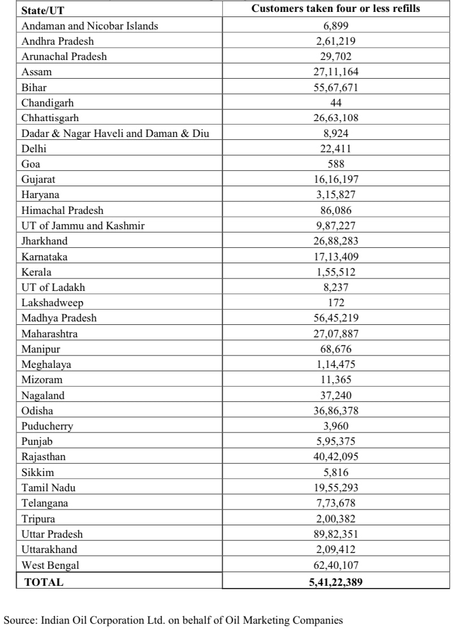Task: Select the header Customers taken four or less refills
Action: (x=336, y=9)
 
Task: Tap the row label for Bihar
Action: (x=34, y=87)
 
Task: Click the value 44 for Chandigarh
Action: (x=336, y=102)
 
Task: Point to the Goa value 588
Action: (x=336, y=164)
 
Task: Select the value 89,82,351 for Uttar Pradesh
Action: (x=336, y=534)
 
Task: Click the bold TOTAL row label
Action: (x=44, y=581)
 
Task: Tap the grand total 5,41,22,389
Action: (x=336, y=581)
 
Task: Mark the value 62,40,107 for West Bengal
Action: (x=336, y=565)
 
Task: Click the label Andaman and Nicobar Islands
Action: (x=90, y=26)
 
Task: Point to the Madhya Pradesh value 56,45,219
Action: (x=336, y=318)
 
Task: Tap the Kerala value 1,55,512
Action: (x=336, y=272)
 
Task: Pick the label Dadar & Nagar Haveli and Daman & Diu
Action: (x=119, y=134)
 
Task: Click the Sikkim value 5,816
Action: (x=336, y=472)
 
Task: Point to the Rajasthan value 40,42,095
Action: (x=336, y=457)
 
